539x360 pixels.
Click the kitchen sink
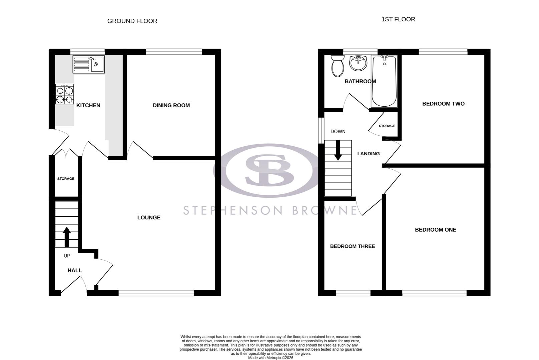(x=89, y=64)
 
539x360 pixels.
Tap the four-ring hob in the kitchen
(x=65, y=94)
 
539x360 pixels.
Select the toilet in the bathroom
(x=338, y=66)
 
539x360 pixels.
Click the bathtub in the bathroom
(x=384, y=81)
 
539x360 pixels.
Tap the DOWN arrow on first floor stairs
(x=338, y=150)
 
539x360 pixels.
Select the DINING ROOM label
(x=171, y=105)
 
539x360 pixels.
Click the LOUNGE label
(x=149, y=218)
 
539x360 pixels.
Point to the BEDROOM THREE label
(x=352, y=246)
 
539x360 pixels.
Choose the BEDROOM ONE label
(x=435, y=230)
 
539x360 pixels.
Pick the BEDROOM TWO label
(x=443, y=104)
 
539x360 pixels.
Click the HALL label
(x=75, y=270)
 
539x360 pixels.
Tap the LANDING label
(x=368, y=154)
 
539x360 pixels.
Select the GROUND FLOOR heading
(x=132, y=21)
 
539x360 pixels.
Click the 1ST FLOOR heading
(x=398, y=19)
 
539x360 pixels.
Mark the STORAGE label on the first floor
(x=387, y=126)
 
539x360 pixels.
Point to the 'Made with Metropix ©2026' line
(x=271, y=358)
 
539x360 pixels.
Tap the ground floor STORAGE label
(x=66, y=179)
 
